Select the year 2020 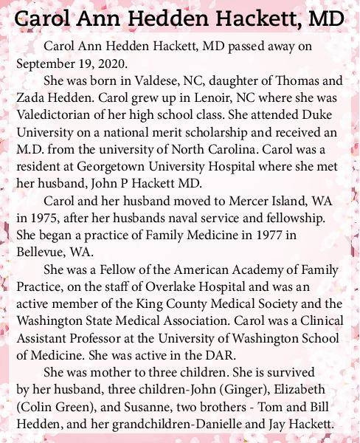pyautogui.click(x=110, y=62)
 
